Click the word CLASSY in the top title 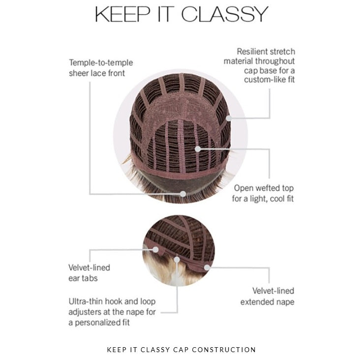(225, 14)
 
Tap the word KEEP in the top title (122, 14)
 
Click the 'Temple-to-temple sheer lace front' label (101, 68)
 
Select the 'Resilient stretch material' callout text (260, 65)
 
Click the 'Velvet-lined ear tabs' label (89, 273)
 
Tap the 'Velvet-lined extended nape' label (267, 296)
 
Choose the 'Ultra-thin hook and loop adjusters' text (112, 312)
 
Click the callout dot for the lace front (183, 194)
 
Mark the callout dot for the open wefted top (198, 149)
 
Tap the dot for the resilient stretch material (229, 118)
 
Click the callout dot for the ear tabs (155, 249)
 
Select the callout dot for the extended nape (207, 268)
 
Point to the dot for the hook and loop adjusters (177, 260)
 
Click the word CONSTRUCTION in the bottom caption (224, 350)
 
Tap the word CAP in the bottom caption (181, 350)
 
